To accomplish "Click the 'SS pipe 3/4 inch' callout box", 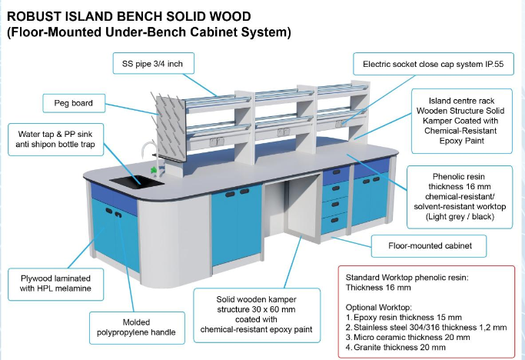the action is [153, 63].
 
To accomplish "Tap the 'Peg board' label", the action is [74, 103].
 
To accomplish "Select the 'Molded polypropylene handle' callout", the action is [137, 328].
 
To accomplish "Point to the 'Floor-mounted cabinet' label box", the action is [429, 246].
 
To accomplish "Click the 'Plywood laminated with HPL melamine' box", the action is [55, 284].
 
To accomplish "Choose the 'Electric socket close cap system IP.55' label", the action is [433, 64].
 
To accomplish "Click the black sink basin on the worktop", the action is [137, 182].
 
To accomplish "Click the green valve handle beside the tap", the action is [154, 169].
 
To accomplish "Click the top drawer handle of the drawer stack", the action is [336, 172].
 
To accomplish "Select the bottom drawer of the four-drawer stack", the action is [334, 222].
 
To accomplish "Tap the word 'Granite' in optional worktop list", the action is [367, 347].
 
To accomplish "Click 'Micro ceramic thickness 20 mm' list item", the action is [407, 337].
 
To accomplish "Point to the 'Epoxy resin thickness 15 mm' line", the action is [404, 317].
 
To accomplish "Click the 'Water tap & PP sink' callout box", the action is [55, 139].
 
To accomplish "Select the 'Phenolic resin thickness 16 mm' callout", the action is [460, 197].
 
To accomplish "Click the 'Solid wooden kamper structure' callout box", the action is [257, 315].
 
